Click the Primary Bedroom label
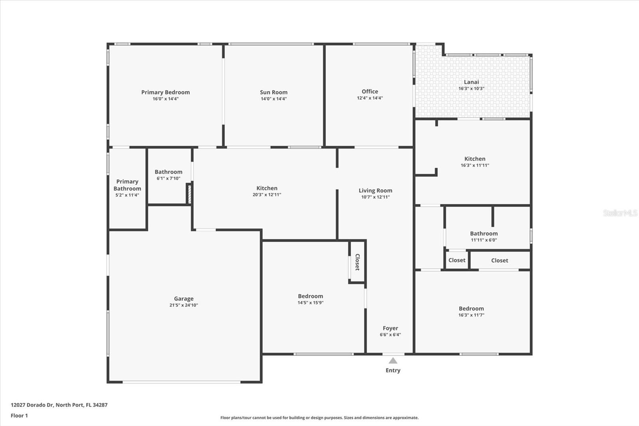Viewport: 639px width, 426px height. (165, 92)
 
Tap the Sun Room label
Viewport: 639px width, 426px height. (274, 92)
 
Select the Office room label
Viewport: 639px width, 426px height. (370, 92)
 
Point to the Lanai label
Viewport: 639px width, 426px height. (471, 82)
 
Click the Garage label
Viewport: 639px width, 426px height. (184, 299)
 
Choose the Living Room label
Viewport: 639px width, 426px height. (375, 191)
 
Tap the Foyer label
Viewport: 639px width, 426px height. (390, 328)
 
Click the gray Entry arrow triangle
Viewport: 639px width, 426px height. (393, 361)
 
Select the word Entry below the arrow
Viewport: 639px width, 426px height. (393, 370)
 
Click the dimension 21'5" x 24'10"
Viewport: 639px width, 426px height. (184, 305)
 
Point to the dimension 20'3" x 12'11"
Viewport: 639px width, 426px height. (267, 195)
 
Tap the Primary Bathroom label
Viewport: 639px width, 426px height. (127, 185)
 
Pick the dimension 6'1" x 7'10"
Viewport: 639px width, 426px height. (168, 179)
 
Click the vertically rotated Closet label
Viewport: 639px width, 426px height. (357, 262)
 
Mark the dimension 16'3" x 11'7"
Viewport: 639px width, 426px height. (471, 315)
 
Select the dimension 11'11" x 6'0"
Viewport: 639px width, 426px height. (484, 240)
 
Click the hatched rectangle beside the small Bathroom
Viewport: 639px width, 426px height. (189, 194)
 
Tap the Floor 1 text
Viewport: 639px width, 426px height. (20, 416)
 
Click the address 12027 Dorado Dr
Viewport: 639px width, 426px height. (32, 405)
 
